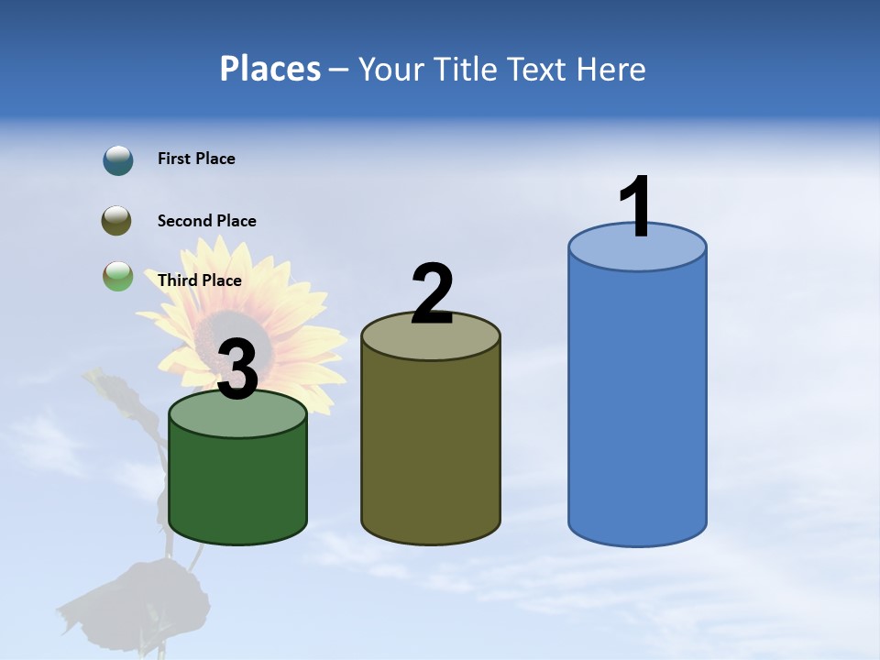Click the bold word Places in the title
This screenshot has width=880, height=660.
tap(270, 69)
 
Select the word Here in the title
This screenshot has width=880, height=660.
tap(613, 69)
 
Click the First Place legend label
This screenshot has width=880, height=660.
tap(196, 159)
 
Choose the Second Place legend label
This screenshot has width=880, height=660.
tap(206, 221)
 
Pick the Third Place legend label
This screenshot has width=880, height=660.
tap(199, 280)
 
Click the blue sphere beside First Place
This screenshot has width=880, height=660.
tap(117, 160)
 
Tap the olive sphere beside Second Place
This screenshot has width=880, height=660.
tap(116, 220)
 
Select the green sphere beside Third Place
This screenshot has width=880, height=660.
tap(117, 277)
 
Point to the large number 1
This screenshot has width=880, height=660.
tap(635, 207)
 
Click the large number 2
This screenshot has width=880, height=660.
tap(432, 293)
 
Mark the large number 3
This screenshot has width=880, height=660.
tap(237, 369)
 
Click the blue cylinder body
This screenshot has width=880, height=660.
tap(637, 403)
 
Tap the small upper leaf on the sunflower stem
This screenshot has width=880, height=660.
tap(115, 390)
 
